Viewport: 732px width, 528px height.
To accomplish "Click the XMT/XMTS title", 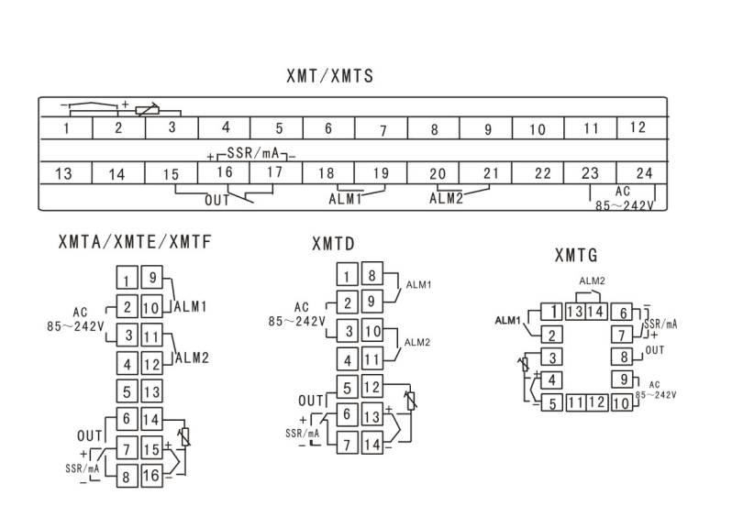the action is coord(329,76).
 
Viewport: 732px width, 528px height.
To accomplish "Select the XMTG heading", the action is coord(576,255).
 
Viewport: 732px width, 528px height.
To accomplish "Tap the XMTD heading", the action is coord(333,244).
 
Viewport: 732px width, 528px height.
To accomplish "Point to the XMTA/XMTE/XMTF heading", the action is coord(135,242).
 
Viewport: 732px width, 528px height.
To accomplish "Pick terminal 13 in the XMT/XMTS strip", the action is coord(65,173).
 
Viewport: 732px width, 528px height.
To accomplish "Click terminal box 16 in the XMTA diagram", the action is coord(151,476).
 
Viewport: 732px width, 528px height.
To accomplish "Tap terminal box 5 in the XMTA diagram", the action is coord(127,391).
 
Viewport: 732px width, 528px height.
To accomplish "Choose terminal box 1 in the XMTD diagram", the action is coord(347,275).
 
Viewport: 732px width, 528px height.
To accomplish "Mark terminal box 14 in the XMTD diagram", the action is coord(372,443).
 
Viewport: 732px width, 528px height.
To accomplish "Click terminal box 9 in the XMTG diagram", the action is coord(623,379).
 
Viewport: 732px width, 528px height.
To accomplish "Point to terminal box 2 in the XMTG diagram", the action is coord(551,335).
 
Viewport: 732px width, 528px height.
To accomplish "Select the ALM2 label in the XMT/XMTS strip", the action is coord(447,199).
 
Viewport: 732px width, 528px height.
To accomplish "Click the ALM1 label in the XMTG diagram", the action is coord(507,321).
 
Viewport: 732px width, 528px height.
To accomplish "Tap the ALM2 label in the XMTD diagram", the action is coord(416,342).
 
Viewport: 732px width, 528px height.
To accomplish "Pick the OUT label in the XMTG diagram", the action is coord(655,350).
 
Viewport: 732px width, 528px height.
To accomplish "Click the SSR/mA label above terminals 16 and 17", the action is coord(252,153).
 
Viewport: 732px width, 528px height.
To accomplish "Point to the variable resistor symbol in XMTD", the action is coord(411,401).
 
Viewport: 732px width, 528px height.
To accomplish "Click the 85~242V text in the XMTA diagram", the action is coord(75,326).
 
